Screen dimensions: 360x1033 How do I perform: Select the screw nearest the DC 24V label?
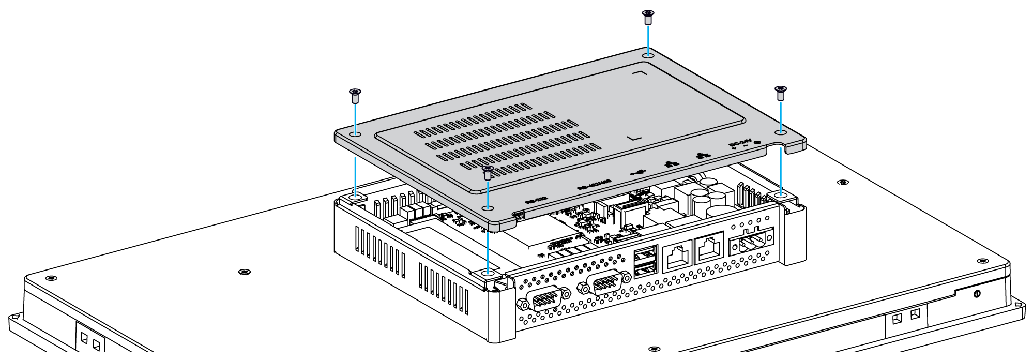coord(781,93)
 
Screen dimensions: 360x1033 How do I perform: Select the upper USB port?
coord(645,254)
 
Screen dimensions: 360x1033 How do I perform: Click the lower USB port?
coord(645,269)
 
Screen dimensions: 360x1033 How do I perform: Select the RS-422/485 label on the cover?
coord(594,184)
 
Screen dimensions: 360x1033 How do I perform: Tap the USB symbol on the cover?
coord(639,172)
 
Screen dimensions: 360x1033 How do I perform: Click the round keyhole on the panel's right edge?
coord(976,294)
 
